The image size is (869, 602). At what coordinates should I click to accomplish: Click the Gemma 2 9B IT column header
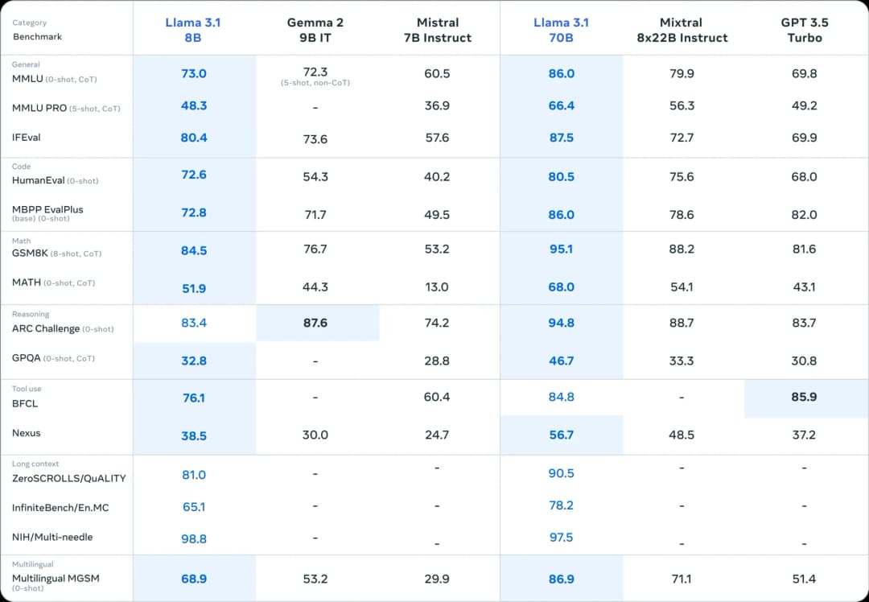tap(315, 30)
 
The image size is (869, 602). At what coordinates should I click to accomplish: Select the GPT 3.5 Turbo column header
tap(804, 30)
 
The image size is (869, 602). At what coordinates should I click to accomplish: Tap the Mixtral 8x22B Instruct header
tap(682, 30)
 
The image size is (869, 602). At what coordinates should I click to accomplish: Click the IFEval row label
tap(26, 138)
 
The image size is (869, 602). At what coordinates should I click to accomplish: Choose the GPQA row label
tap(26, 357)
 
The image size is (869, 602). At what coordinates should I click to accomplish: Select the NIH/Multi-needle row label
tap(52, 537)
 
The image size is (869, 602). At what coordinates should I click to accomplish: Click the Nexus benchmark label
tap(26, 433)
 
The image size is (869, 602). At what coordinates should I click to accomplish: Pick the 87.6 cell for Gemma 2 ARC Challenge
tap(315, 323)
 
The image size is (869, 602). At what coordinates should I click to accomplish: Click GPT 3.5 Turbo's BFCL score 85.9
tap(804, 397)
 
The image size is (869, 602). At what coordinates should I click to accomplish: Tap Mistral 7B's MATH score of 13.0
tap(437, 287)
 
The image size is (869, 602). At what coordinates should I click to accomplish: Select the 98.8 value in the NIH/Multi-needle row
tap(194, 538)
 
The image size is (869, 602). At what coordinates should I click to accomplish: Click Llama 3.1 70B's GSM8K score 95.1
tap(561, 249)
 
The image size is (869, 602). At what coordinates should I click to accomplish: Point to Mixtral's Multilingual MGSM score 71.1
tap(682, 579)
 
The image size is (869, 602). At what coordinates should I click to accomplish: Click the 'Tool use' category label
tap(27, 389)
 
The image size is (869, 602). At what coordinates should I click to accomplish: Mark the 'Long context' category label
tap(35, 464)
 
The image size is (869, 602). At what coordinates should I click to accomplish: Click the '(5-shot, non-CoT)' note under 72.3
tap(315, 83)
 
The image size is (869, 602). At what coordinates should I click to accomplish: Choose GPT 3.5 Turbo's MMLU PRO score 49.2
tap(804, 105)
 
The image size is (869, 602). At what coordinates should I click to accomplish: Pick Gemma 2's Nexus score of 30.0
tap(315, 435)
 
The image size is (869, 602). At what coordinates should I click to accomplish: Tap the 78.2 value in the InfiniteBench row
tap(561, 505)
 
